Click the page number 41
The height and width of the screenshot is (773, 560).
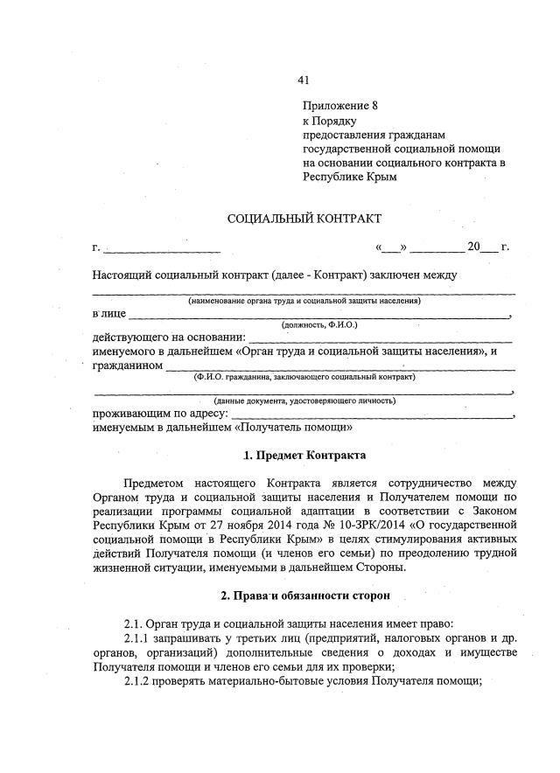point(304,80)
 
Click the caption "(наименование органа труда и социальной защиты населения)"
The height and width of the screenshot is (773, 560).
point(304,300)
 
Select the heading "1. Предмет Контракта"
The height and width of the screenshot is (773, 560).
point(304,456)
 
